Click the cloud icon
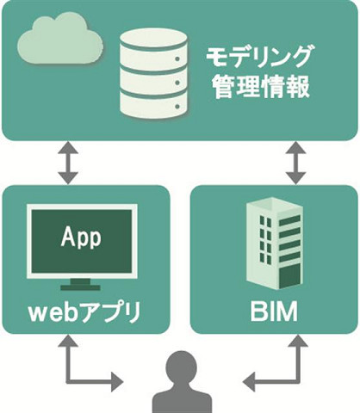coord(60,38)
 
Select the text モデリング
coord(258,58)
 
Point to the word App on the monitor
coord(81,237)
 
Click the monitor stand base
coord(80,287)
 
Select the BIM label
coord(274,312)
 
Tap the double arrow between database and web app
coord(68,163)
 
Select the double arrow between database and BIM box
coord(296,163)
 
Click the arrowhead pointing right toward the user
coord(118,382)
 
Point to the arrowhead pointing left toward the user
coord(249,382)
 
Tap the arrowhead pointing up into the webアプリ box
coord(68,341)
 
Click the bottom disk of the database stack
coord(154,104)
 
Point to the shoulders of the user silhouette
coord(182,398)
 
